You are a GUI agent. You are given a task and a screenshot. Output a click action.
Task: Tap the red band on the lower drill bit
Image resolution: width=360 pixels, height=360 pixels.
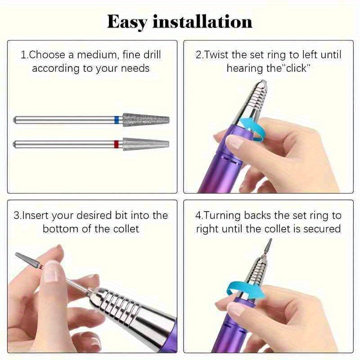tap(117, 144)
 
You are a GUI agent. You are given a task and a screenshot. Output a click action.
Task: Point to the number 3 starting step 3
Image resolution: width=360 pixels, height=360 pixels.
tap(16, 216)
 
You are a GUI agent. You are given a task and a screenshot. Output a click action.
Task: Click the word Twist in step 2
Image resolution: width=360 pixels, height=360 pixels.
tap(217, 55)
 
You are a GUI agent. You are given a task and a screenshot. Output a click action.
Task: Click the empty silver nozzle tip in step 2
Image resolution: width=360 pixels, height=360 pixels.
tap(263, 84)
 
